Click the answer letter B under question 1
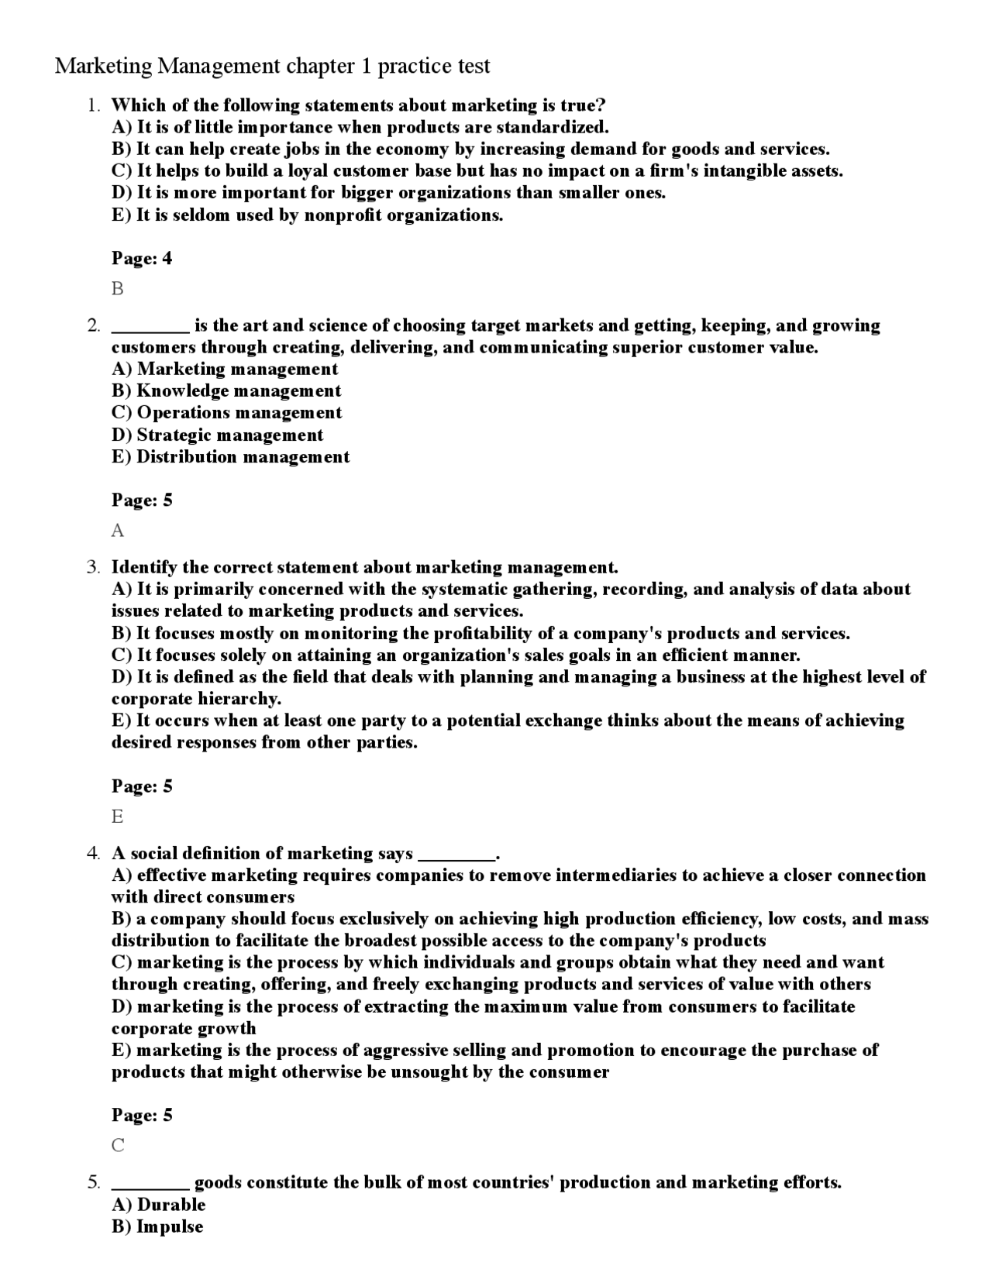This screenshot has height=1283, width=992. pyautogui.click(x=118, y=289)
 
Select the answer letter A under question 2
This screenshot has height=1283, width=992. pyautogui.click(x=118, y=531)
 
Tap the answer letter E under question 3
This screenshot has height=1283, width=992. pyautogui.click(x=118, y=817)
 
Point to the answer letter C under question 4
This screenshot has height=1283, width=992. pyautogui.click(x=118, y=1145)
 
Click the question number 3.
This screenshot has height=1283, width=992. pyautogui.click(x=93, y=567)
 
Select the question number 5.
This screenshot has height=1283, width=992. pyautogui.click(x=93, y=1182)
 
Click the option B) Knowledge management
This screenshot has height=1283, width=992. pyautogui.click(x=226, y=391)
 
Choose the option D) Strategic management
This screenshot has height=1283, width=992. pyautogui.click(x=217, y=435)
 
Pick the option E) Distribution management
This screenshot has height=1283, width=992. pyautogui.click(x=230, y=457)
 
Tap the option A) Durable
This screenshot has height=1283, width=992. pyautogui.click(x=158, y=1205)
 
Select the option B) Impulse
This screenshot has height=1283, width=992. pyautogui.click(x=157, y=1226)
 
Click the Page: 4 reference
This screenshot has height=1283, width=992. pyautogui.click(x=142, y=259)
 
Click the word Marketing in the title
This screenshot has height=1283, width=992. pyautogui.click(x=104, y=67)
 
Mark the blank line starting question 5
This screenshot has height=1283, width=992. pyautogui.click(x=150, y=1184)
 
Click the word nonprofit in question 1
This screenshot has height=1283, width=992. pyautogui.click(x=343, y=215)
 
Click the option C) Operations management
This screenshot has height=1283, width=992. pyautogui.click(x=226, y=413)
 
